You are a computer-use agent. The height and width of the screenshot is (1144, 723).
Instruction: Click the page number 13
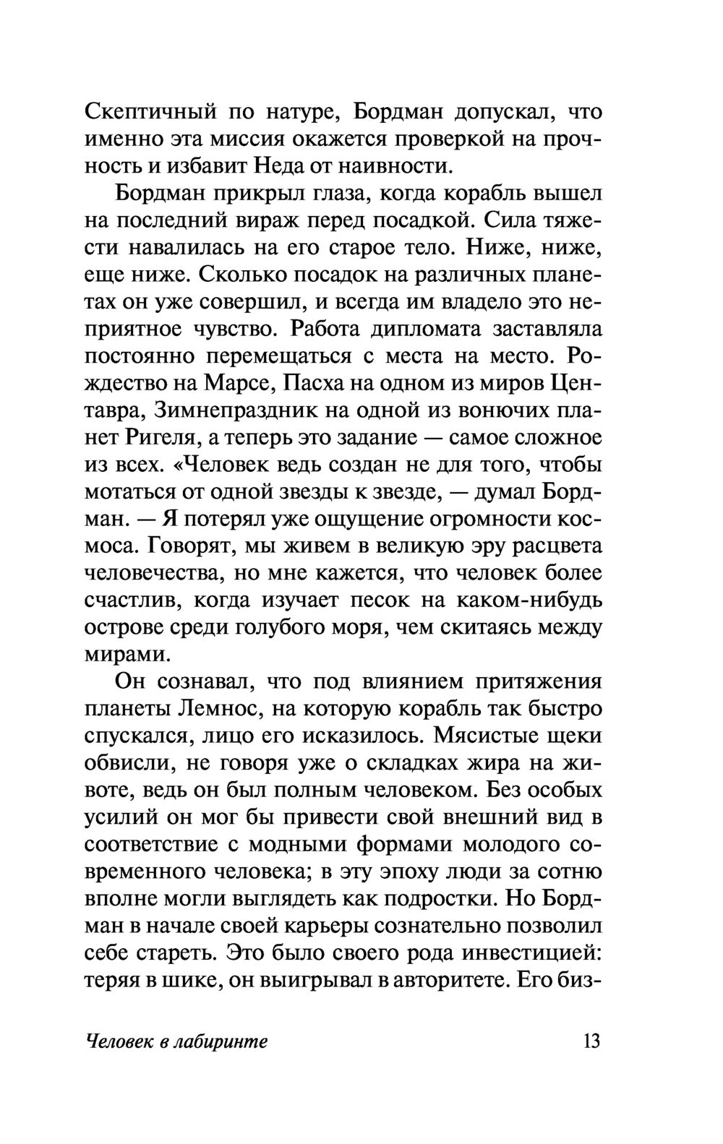click(589, 1041)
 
